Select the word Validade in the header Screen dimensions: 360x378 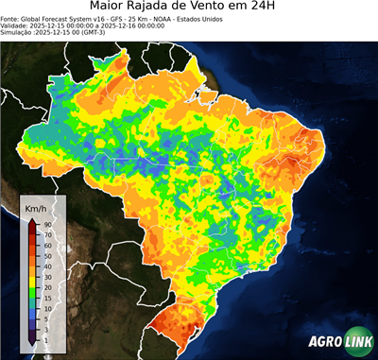(15, 25)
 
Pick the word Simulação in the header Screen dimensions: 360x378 (17, 32)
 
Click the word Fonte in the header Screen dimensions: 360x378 (11, 18)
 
